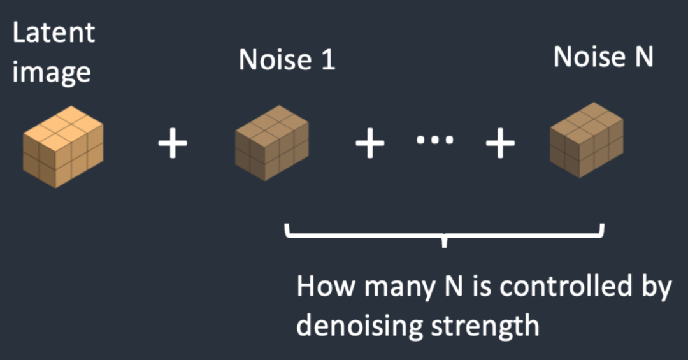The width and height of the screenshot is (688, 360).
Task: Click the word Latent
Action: pos(54,32)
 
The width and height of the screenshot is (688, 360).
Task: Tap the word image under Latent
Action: pos(52,71)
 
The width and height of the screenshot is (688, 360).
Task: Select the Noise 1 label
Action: pos(287,60)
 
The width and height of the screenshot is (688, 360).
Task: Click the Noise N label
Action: pos(603,57)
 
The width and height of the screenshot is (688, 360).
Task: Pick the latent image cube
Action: pos(63,147)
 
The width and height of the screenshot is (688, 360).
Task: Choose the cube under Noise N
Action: pos(587,140)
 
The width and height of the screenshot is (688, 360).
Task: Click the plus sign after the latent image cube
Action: pos(173,145)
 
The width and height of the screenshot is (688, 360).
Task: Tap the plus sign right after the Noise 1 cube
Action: pos(369,145)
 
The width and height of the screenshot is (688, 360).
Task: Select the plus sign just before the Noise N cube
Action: pos(501,145)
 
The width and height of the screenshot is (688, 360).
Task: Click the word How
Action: pos(326,287)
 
